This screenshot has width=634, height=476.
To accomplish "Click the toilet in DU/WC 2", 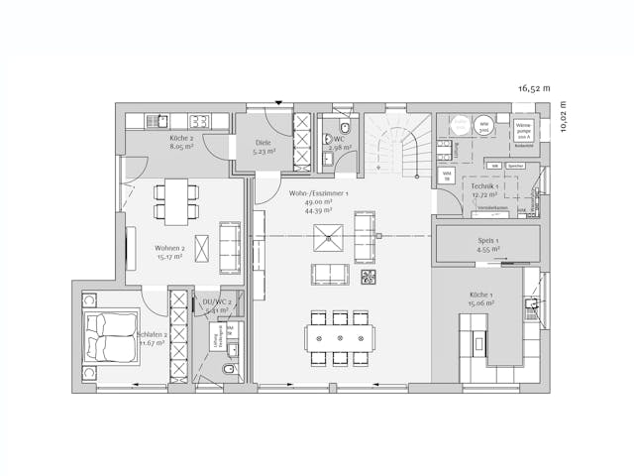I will (229, 369).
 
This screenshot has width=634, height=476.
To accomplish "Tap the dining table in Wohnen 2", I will (176, 201).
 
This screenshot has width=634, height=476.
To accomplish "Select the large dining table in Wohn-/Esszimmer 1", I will (340, 337).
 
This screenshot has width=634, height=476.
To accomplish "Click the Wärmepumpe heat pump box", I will (524, 131).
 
